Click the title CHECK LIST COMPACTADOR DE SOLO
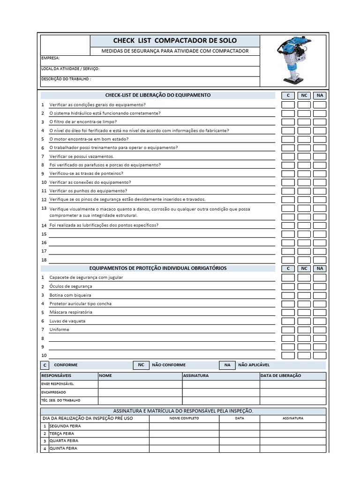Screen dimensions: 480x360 (175, 41)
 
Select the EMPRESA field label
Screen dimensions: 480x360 (51, 58)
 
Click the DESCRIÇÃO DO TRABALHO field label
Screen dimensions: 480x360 (66, 79)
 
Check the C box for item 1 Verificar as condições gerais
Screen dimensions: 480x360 (288, 105)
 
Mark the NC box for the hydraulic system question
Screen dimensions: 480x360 (304, 113)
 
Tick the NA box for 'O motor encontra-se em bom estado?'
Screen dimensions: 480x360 (320, 139)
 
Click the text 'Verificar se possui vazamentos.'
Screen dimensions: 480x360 (82, 157)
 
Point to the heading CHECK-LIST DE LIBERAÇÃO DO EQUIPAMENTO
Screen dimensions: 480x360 (158, 95)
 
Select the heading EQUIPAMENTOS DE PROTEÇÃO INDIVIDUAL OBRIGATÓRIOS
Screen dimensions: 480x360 (158, 268)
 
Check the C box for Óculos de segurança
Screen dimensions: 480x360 (288, 286)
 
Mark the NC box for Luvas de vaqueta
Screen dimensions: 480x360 (304, 321)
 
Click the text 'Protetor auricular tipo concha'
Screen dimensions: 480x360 (81, 304)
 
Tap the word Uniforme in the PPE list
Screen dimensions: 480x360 (59, 330)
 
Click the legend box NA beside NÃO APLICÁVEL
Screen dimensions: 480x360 (227, 365)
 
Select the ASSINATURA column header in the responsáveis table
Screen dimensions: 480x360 (196, 375)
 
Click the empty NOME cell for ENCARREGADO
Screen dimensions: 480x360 (140, 392)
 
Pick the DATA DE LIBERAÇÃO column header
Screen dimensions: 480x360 (281, 375)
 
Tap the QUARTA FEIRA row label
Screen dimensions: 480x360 (64, 441)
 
